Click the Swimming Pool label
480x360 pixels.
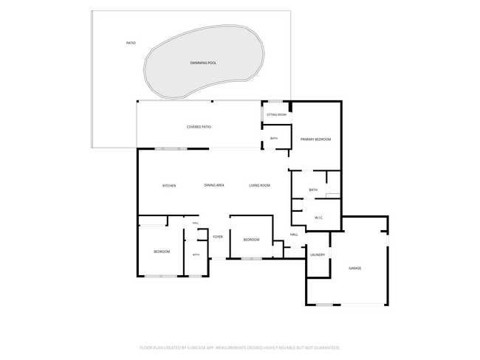pyautogui.click(x=203, y=63)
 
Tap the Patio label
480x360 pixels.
pyautogui.click(x=131, y=43)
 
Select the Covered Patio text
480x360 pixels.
pyautogui.click(x=199, y=127)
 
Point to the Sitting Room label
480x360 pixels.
pyautogui.click(x=276, y=114)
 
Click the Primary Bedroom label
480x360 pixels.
pyautogui.click(x=315, y=139)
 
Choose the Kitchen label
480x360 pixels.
pyautogui.click(x=169, y=186)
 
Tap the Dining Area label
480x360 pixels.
pyautogui.click(x=214, y=185)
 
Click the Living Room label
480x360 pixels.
pyautogui.click(x=260, y=185)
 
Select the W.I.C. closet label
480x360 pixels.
pyautogui.click(x=319, y=218)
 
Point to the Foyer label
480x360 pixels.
pyautogui.click(x=218, y=237)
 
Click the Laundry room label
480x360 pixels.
pyautogui.click(x=318, y=255)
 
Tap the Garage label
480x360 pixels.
pyautogui.click(x=354, y=269)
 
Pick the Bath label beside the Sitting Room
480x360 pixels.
pyautogui.click(x=274, y=139)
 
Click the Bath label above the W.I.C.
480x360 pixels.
pyautogui.click(x=313, y=190)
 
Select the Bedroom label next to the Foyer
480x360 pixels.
pyautogui.click(x=251, y=240)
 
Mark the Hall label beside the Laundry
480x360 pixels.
pyautogui.click(x=294, y=235)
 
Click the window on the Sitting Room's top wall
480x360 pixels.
pyautogui.click(x=275, y=101)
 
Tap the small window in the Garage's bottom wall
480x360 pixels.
pyautogui.click(x=325, y=305)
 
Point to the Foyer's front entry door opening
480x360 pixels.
pyautogui.click(x=219, y=259)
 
